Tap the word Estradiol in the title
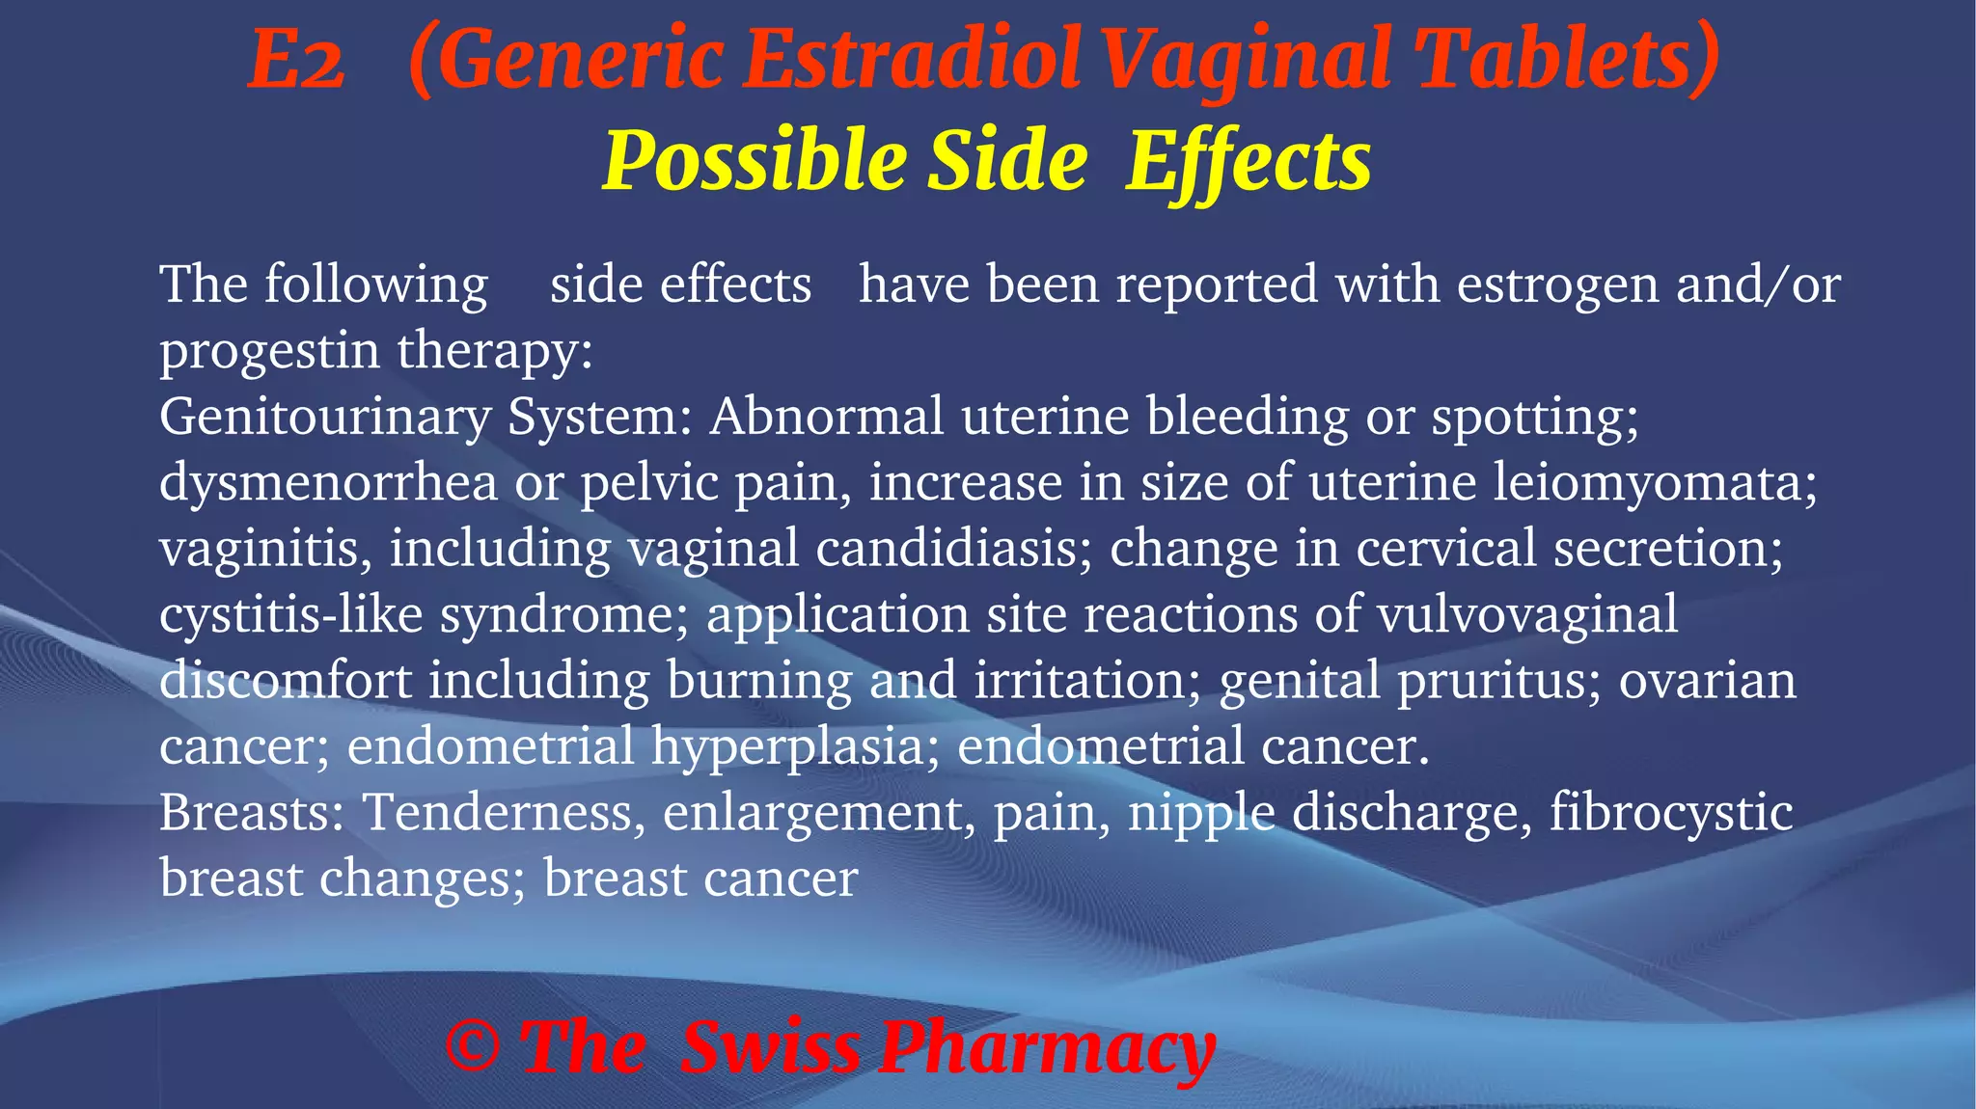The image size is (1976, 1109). [x=911, y=60]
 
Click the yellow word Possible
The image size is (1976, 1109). [x=754, y=162]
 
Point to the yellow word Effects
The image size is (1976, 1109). [x=1248, y=162]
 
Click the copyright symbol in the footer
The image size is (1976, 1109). [x=473, y=1047]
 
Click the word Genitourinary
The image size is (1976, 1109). [x=325, y=418]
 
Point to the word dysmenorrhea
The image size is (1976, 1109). [x=328, y=482]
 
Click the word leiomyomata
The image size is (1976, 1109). [x=1654, y=482]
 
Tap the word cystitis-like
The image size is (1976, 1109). [x=290, y=614]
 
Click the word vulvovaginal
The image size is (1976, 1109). [x=1527, y=614]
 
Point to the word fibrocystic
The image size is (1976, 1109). [x=1671, y=812]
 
